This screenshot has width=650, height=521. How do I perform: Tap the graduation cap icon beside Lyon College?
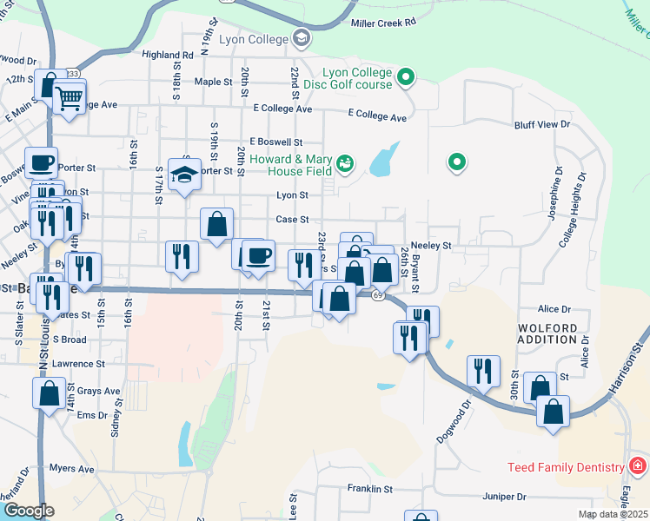(x=302, y=37)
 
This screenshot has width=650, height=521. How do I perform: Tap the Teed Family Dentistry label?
(x=566, y=467)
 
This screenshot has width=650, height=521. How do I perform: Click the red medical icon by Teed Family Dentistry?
(x=638, y=467)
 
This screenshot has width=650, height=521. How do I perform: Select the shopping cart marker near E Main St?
(x=70, y=97)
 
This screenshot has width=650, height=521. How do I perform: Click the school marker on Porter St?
(x=185, y=175)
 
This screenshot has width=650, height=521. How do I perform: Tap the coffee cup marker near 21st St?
(x=258, y=255)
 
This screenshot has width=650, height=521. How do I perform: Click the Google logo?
(x=29, y=511)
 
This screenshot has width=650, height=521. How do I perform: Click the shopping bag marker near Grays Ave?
(x=50, y=392)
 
